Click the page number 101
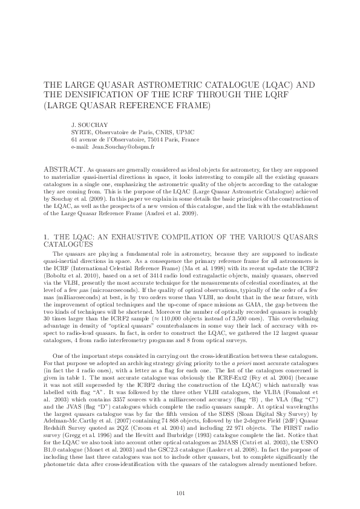pos(180,477)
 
